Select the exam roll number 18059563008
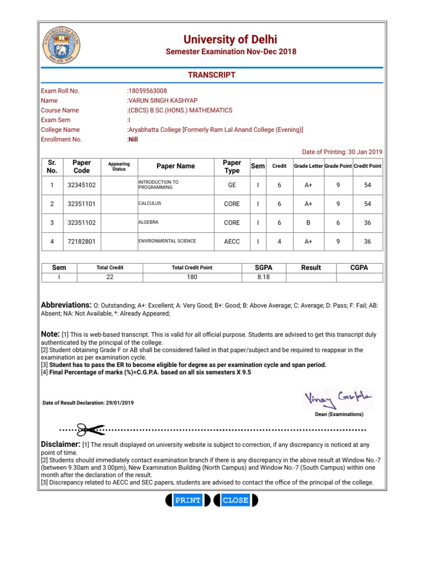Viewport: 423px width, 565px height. (x=148, y=91)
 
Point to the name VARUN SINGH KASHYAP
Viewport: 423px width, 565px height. (x=162, y=100)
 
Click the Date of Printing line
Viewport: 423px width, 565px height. (x=342, y=152)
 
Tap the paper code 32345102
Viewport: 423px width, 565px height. (x=82, y=185)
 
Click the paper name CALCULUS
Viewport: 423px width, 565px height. (x=150, y=204)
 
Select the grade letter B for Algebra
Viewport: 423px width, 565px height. (x=308, y=223)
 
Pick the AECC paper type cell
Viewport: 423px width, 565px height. (x=232, y=242)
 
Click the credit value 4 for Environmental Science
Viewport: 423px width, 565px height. (x=279, y=242)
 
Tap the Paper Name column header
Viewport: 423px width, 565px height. (x=176, y=166)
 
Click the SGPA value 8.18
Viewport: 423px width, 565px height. (x=263, y=277)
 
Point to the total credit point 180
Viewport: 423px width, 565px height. (x=192, y=277)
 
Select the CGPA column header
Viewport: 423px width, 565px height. (x=359, y=268)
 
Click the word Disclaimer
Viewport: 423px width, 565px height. (x=61, y=444)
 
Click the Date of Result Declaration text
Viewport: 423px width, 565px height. (x=88, y=403)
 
